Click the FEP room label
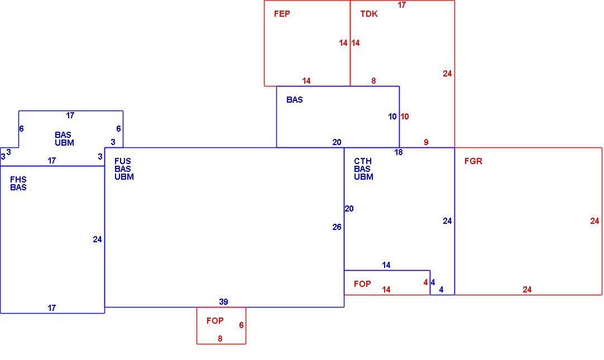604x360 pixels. [282, 14]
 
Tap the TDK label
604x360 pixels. [369, 14]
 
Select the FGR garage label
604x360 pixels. [473, 161]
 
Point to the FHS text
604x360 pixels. [18, 179]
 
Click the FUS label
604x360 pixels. [122, 161]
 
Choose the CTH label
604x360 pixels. [363, 161]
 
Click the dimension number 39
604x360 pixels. [223, 302]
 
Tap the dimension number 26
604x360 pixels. [337, 227]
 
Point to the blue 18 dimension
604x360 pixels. [399, 152]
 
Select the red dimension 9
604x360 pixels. [426, 142]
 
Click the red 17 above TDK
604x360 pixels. [402, 5]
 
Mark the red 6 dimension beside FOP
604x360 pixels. [241, 325]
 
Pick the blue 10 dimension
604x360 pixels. [392, 117]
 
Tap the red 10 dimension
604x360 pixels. [405, 117]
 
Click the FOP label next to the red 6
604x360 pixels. [215, 321]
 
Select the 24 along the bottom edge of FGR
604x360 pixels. [527, 290]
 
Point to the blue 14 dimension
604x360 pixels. [386, 265]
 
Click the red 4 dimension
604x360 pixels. [426, 282]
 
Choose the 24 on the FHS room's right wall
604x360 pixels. [97, 239]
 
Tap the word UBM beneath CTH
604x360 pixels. [363, 177]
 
